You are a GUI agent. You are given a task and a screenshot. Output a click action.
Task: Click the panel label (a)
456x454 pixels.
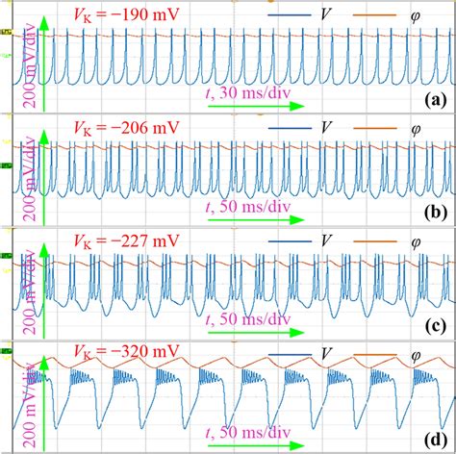click(x=433, y=99)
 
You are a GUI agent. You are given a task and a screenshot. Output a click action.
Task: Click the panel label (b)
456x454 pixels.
click(x=433, y=212)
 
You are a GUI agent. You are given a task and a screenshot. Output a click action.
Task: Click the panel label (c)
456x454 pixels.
click(x=433, y=324)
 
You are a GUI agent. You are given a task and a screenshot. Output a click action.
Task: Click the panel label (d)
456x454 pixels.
click(x=433, y=435)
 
